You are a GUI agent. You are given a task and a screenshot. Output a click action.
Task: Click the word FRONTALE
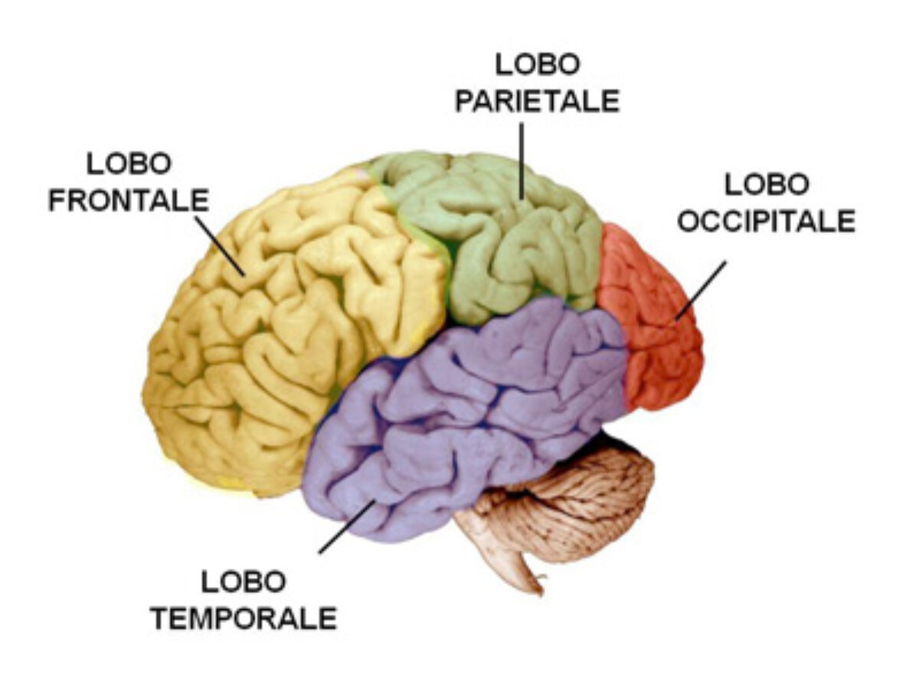pos(129,201)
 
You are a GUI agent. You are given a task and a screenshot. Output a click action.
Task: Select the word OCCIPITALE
pos(767,221)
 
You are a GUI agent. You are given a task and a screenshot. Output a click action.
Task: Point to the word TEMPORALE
pos(244,618)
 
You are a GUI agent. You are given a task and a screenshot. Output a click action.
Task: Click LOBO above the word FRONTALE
pos(129,164)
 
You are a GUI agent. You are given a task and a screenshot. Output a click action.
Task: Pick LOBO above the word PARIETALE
pos(538,64)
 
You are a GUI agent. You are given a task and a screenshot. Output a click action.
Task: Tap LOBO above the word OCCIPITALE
pos(767,185)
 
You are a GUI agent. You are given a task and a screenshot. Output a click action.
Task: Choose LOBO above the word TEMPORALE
pos(244,582)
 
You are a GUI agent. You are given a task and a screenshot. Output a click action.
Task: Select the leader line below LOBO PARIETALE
pos(522,161)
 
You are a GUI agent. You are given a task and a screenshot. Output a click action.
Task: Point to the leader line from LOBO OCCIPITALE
pos(700,290)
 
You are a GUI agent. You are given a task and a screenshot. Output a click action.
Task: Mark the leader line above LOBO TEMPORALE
pos(346,526)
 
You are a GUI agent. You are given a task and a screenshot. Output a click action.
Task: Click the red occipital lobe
pos(650,320)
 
